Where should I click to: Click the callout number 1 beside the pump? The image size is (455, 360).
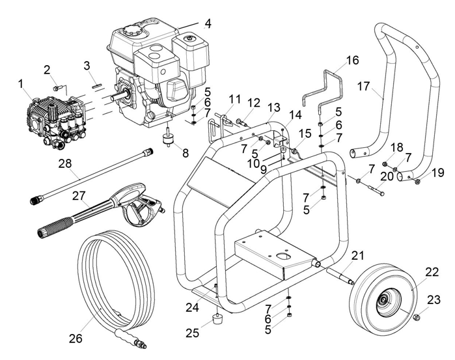click(x=21, y=83)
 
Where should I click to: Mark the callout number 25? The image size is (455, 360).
click(x=191, y=333)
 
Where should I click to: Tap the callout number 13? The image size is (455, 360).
click(x=273, y=107)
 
